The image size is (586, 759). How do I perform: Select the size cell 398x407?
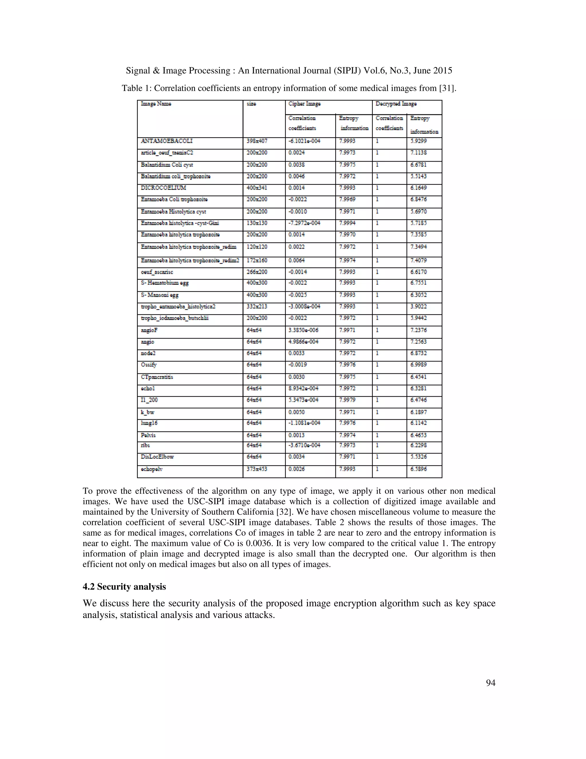coord(257,141)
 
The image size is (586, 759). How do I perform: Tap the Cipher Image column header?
coord(304,104)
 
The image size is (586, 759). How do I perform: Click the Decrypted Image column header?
coord(396,104)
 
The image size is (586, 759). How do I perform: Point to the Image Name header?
coord(156,104)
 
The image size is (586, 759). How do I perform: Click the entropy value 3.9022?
coord(418,306)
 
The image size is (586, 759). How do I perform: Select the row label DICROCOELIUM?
coord(163,188)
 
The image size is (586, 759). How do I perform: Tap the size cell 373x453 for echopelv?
coord(257,469)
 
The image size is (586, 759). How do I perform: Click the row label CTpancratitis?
coord(157,377)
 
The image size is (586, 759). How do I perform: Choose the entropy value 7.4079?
coord(418,260)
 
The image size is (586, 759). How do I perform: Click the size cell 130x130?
coord(257,223)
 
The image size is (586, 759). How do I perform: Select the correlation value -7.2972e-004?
coord(304,223)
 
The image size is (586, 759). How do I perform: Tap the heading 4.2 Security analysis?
coord(124,587)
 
